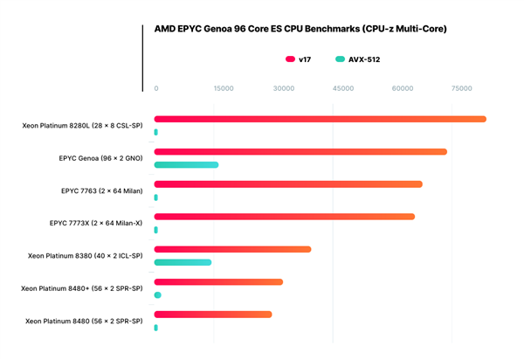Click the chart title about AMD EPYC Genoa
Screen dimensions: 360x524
coord(300,29)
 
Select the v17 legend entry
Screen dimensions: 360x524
coord(298,59)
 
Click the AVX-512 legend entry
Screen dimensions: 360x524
coord(357,59)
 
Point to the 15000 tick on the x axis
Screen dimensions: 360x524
coord(224,88)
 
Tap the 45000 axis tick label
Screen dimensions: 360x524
coord(343,88)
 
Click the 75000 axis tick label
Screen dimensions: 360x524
coord(462,88)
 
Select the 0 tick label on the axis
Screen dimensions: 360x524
coord(156,88)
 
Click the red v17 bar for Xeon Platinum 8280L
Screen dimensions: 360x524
coord(320,119)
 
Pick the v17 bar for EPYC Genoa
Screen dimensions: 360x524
coord(300,152)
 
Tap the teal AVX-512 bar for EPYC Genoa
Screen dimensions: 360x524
coord(186,164)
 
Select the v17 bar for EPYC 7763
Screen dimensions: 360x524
coord(288,184)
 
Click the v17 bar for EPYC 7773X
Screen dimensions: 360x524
coord(284,217)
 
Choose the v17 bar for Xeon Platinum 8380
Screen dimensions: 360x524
coord(232,249)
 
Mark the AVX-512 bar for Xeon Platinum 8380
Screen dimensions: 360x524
coord(183,262)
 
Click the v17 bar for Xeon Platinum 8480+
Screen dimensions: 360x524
coord(218,282)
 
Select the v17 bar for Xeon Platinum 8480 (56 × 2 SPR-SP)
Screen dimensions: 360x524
coord(213,315)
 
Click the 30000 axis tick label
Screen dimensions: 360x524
coord(283,88)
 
